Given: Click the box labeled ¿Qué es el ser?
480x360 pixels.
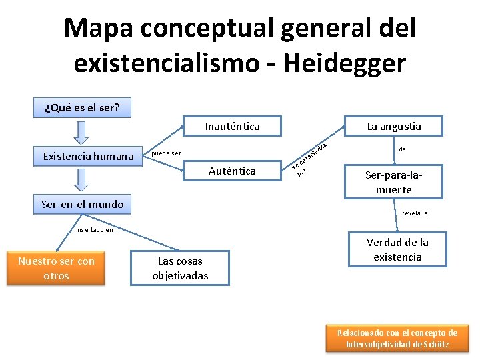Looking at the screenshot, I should coord(82,107).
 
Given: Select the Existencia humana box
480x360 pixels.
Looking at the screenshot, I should coord(89,157).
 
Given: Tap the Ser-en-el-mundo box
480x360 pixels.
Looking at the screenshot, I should coord(83,205).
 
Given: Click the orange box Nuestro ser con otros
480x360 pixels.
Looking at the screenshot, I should coord(56,268).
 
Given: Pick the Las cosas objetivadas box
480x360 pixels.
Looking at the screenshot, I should coord(180,268).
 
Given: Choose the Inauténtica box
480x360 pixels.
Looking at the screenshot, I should coord(232,126).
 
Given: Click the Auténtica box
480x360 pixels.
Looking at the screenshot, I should coord(232,171).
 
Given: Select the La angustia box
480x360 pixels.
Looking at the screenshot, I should coord(394,126).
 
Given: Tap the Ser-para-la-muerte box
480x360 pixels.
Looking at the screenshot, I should coord(393,182).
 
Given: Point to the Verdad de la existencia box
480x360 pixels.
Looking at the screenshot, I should coord(397,249).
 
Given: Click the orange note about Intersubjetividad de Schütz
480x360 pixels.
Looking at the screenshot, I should coord(397,339).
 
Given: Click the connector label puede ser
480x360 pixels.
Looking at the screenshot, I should coord(167,154).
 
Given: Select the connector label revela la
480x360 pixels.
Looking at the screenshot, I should coord(415,213).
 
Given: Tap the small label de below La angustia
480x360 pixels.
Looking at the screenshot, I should coord(402,150).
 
